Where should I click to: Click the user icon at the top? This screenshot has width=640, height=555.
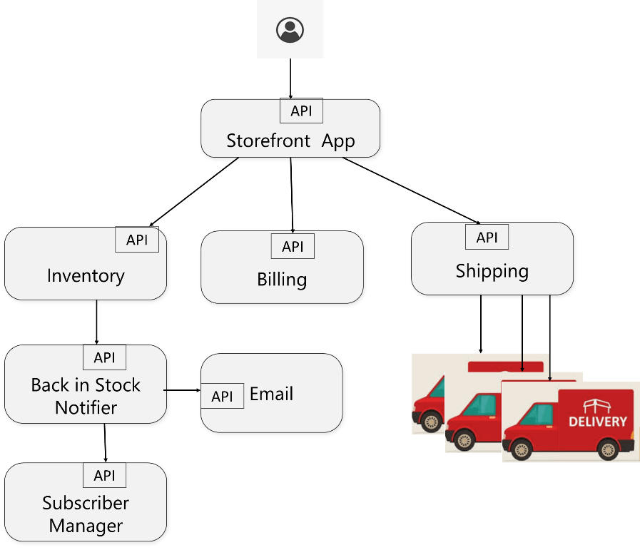[290, 30]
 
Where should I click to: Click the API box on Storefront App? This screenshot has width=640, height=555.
[301, 111]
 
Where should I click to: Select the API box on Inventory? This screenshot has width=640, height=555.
[137, 240]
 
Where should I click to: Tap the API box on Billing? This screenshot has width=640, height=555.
[293, 246]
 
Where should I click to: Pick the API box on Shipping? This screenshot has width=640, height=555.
[487, 237]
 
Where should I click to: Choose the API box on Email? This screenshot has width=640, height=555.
[222, 396]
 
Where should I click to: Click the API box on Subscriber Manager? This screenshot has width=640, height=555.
[104, 475]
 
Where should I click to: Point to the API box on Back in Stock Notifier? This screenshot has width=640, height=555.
[104, 357]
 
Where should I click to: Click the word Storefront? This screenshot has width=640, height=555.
[268, 141]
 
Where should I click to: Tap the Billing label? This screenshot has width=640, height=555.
[282, 280]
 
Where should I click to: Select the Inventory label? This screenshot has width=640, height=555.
[86, 276]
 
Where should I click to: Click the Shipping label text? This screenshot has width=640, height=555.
[492, 271]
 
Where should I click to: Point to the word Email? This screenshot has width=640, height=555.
[271, 394]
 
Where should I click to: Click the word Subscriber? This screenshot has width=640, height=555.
[86, 503]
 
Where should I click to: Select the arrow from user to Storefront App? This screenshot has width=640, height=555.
[290, 78]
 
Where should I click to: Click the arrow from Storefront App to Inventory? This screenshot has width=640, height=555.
[194, 192]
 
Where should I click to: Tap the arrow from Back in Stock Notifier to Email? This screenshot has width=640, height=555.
[182, 390]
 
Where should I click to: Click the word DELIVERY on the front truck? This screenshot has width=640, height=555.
[598, 421]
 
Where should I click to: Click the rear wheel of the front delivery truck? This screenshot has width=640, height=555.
[608, 449]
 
